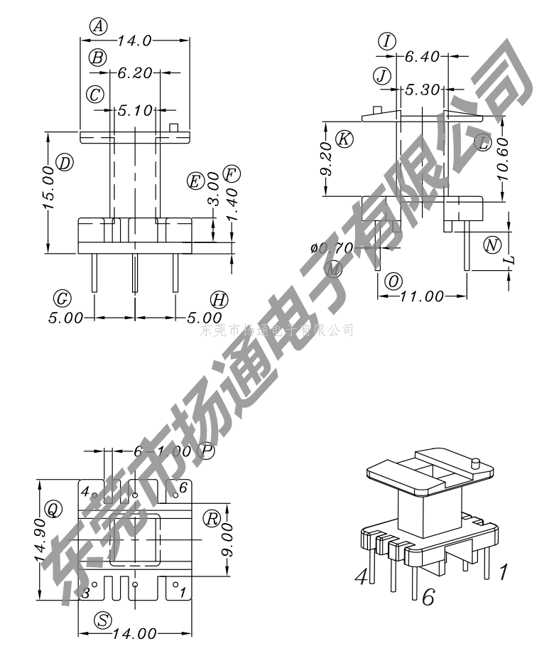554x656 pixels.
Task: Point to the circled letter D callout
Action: [65, 163]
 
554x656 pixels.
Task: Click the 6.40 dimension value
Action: [423, 56]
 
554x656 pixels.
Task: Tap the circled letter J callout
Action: [383, 75]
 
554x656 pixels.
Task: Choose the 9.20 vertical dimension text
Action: [326, 159]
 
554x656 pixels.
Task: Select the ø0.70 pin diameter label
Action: [331, 248]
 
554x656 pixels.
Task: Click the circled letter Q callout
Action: [52, 508]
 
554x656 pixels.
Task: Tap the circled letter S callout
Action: [104, 620]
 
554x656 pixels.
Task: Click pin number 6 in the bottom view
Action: [183, 488]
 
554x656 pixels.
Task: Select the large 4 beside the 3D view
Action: [362, 576]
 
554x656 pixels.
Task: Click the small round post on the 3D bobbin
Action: [475, 463]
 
